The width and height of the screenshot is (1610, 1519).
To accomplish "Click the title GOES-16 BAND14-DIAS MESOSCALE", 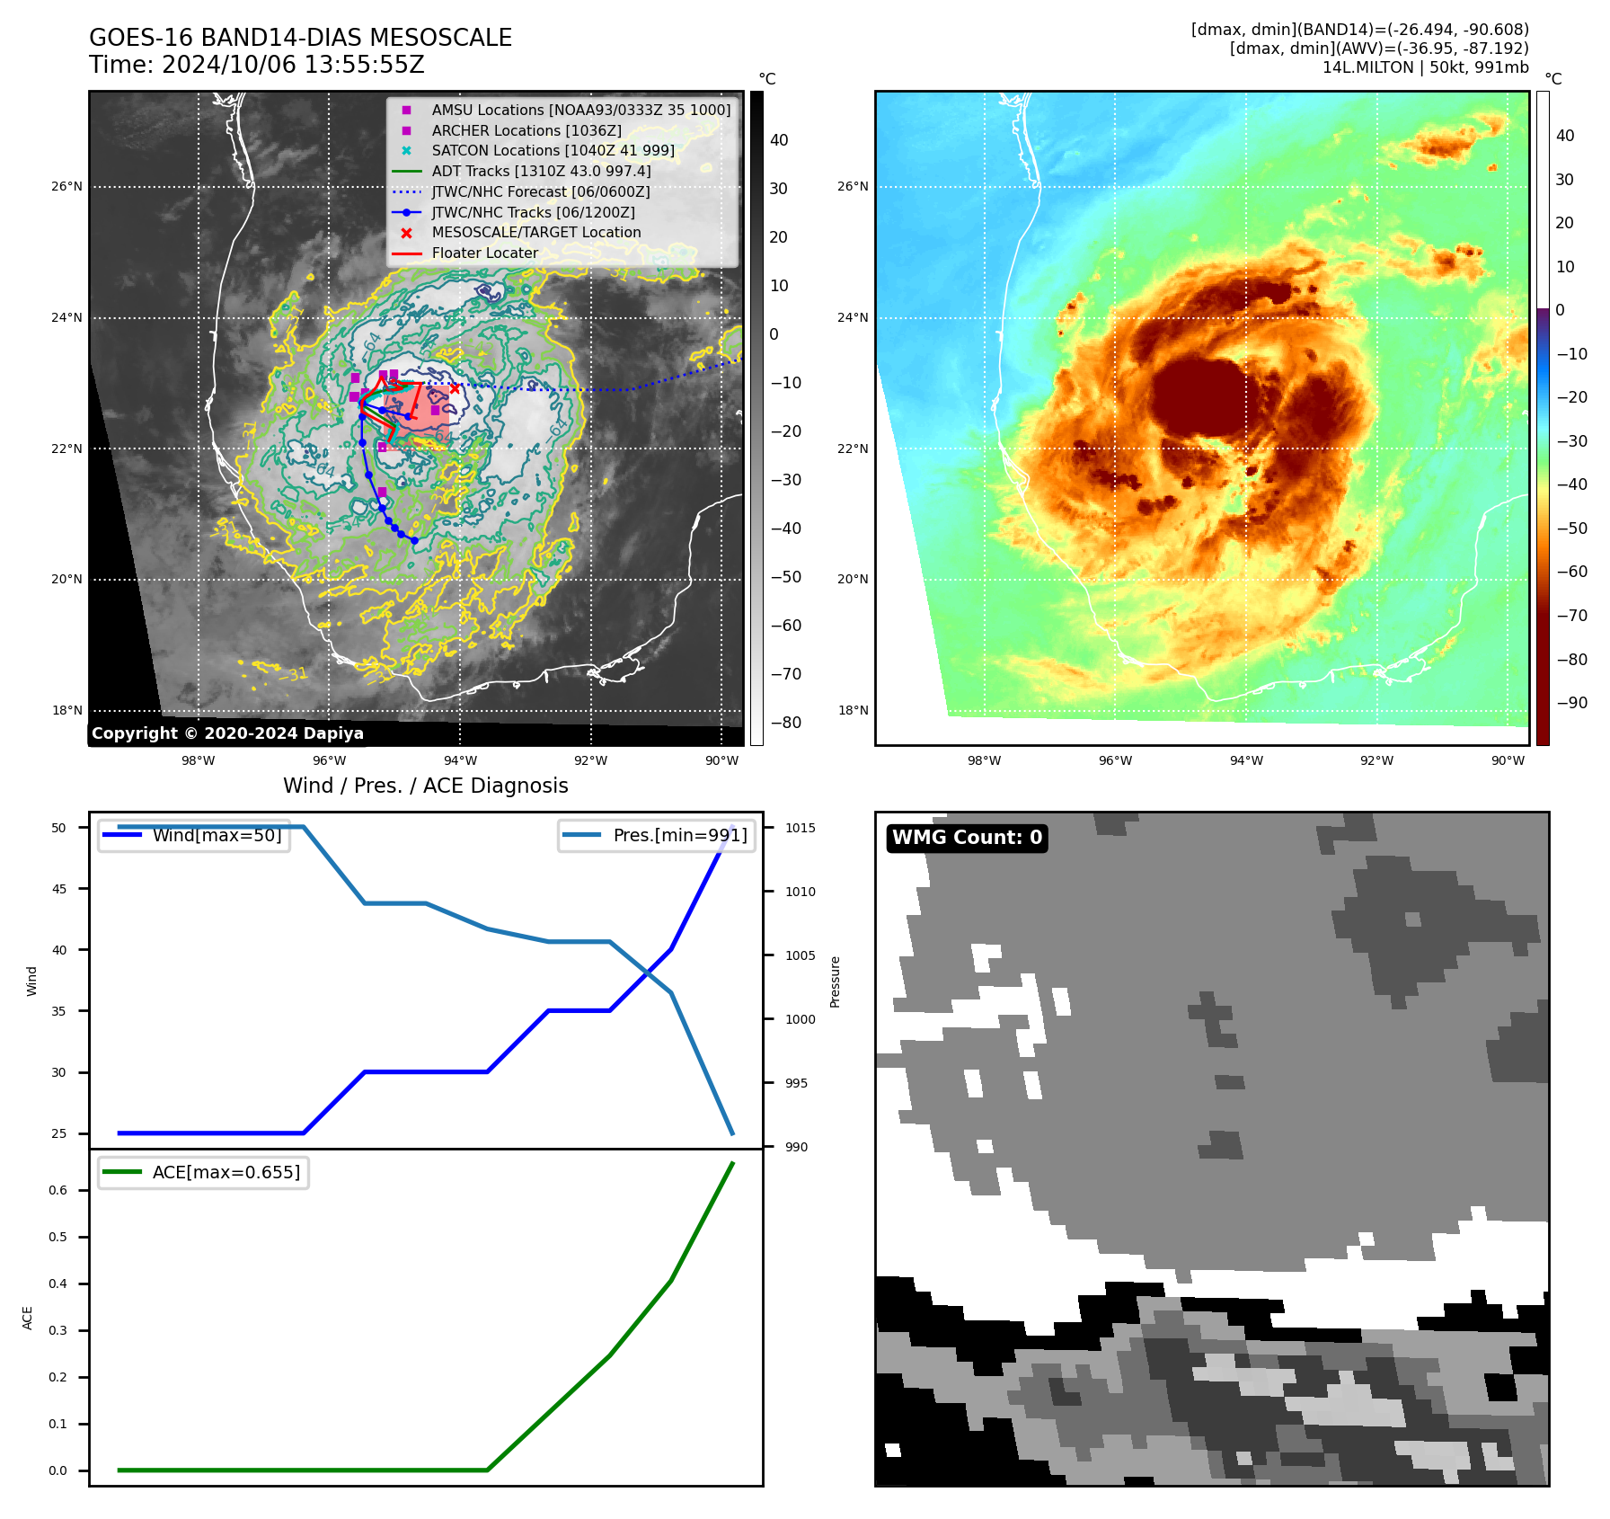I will click(300, 38).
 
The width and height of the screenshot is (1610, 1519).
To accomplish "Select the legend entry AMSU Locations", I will click(580, 110).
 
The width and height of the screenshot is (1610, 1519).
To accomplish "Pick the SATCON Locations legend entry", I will click(553, 150).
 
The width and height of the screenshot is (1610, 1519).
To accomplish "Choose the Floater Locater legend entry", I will click(484, 253).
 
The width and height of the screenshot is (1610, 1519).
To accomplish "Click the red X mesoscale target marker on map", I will click(455, 388).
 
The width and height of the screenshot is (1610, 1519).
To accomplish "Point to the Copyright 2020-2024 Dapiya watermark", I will click(227, 733).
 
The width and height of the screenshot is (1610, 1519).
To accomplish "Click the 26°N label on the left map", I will click(66, 187).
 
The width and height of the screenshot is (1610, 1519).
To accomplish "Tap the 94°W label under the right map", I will click(1246, 760).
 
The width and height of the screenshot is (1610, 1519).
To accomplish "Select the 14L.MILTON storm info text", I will click(1425, 67).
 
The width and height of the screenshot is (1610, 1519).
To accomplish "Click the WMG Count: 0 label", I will click(967, 838).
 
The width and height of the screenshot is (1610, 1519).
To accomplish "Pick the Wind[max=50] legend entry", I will click(217, 835).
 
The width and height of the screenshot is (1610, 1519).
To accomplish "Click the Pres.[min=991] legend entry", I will click(679, 835).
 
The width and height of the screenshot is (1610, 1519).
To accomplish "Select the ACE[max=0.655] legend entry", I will click(226, 1172).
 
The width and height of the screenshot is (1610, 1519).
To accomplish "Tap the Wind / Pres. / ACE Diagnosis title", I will click(426, 786).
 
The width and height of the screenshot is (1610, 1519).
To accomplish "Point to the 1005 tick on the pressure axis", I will click(800, 955).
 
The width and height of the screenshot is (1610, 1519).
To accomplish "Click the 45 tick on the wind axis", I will click(59, 889).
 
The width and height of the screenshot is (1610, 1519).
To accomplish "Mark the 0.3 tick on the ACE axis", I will click(57, 1330).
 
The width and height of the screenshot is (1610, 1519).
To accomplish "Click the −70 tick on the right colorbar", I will click(1571, 616).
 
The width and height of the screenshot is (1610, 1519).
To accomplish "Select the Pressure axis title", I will click(835, 982).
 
